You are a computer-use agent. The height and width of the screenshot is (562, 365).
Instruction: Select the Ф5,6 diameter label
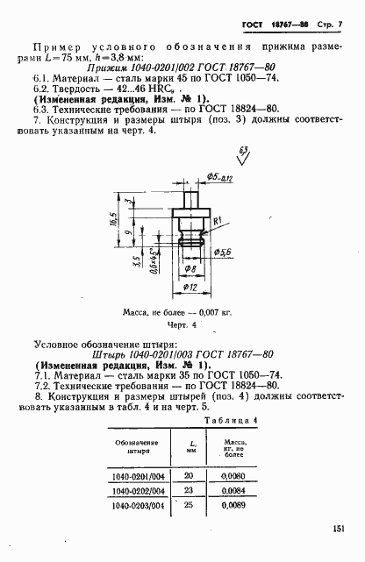click(x=223, y=252)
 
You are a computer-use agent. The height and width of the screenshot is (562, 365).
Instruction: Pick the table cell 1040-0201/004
click(x=140, y=474)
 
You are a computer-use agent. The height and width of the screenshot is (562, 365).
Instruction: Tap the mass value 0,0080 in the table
click(x=235, y=474)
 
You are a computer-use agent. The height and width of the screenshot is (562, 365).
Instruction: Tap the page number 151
click(x=340, y=528)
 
